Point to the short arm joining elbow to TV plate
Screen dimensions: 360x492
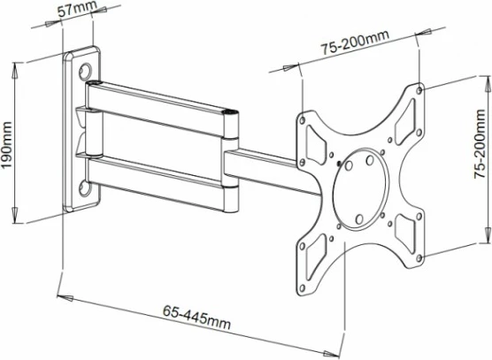265,165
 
